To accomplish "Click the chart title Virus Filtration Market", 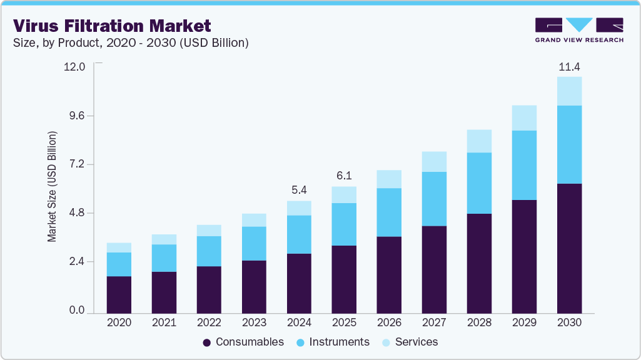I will click(x=112, y=26).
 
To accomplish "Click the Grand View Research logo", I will click(x=579, y=30).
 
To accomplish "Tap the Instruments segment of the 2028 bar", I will click(x=479, y=183).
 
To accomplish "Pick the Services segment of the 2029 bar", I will click(x=524, y=117).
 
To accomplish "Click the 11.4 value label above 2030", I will click(x=569, y=66).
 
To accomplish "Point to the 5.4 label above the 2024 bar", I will click(x=299, y=190).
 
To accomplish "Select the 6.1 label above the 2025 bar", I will click(x=344, y=176).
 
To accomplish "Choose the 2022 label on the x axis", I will click(x=209, y=323).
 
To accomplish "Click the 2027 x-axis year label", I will click(x=434, y=323).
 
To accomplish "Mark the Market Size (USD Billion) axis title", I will click(x=53, y=187).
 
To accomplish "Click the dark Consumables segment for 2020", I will click(x=119, y=294).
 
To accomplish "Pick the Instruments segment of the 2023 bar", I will click(x=254, y=243).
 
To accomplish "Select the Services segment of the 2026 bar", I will click(x=389, y=179).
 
